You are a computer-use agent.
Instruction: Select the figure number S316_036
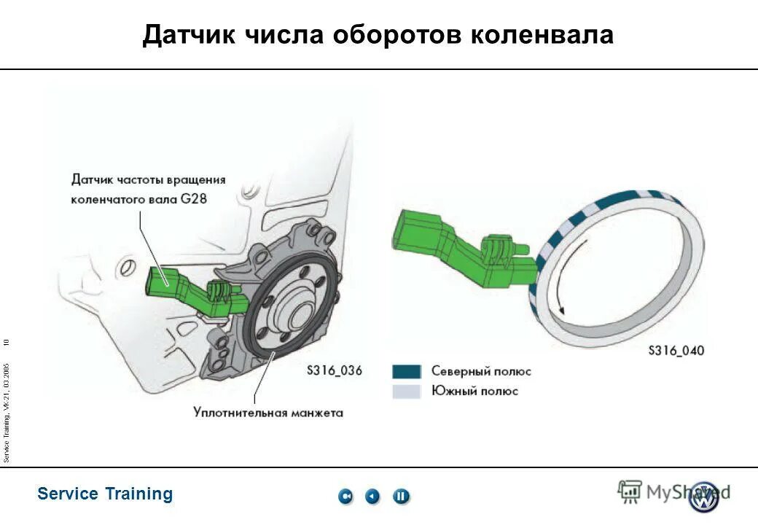[x=334, y=370]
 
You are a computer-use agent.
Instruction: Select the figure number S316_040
[x=676, y=351]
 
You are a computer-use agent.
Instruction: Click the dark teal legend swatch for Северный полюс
[x=407, y=371]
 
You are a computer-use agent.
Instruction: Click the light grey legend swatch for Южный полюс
[x=407, y=391]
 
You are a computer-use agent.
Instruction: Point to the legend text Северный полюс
[x=481, y=371]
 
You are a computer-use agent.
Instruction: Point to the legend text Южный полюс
[x=474, y=391]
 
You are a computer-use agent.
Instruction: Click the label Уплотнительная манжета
[x=268, y=413]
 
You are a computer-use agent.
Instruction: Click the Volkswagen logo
[x=704, y=497]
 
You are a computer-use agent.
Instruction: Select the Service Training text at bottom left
[x=105, y=494]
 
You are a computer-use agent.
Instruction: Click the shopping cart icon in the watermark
[x=630, y=491]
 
